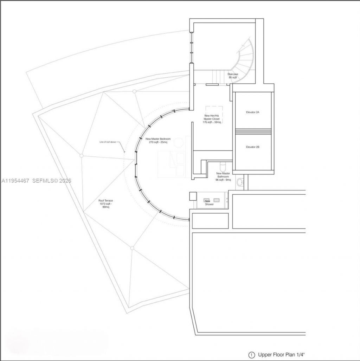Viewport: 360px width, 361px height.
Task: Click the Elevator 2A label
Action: (252, 112)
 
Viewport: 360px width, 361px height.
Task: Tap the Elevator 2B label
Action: (252, 147)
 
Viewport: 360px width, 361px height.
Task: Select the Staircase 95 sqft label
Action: (233, 76)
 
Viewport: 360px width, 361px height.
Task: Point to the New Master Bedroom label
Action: (158, 141)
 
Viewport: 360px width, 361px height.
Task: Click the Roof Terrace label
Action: (106, 204)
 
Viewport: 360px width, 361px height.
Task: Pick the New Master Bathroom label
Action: (223, 176)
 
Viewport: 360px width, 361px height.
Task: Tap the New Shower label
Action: (209, 202)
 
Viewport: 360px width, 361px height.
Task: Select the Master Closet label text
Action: (212, 119)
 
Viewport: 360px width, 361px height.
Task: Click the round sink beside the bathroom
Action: (240, 182)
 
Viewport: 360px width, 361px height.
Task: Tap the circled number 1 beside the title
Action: (251, 355)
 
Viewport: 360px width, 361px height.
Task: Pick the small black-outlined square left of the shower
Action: (193, 196)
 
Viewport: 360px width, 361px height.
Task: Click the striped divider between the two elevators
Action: (253, 132)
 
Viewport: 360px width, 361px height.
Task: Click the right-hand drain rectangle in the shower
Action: (217, 200)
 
